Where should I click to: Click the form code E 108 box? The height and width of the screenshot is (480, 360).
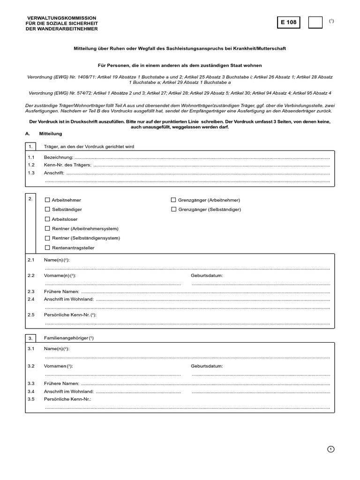[289, 22]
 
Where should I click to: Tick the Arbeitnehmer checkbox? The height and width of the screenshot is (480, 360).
[47, 200]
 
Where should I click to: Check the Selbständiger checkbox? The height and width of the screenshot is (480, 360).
[47, 210]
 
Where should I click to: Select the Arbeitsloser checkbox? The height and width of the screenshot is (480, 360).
[47, 219]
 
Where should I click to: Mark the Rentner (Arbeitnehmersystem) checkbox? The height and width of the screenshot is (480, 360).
[47, 228]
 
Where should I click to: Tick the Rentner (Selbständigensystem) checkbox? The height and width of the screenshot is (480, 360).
[47, 238]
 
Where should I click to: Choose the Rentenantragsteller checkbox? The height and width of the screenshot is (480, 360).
[47, 247]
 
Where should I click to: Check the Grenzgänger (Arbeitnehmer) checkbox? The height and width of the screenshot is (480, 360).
[173, 200]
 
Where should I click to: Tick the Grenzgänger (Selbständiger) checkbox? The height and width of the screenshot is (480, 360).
[173, 210]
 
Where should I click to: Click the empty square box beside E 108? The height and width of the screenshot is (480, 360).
[315, 22]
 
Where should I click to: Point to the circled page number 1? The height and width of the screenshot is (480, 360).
[331, 449]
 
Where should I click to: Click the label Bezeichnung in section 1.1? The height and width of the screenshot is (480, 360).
[59, 157]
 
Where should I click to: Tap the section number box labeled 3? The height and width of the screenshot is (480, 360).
[30, 338]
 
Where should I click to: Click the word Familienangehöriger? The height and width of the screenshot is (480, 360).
[65, 338]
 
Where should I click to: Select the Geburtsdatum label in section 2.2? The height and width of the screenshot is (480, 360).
[207, 276]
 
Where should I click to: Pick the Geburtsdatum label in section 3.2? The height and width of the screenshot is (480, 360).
[207, 366]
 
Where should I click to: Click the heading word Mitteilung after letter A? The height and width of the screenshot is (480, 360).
[51, 134]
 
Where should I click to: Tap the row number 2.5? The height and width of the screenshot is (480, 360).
[31, 315]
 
